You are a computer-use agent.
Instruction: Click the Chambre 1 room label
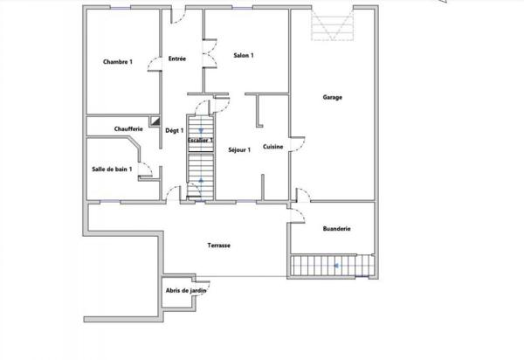point(117,62)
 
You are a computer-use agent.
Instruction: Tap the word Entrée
point(176,59)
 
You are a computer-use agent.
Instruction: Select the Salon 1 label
point(244,56)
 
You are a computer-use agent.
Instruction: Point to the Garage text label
point(331,97)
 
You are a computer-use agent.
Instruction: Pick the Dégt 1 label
point(175,130)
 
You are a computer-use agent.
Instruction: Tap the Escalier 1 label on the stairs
point(201,140)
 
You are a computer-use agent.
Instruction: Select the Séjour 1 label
point(239,149)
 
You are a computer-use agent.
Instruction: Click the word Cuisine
point(273,148)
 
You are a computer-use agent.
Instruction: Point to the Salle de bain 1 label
point(112,169)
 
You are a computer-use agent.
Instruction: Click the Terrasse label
point(218,246)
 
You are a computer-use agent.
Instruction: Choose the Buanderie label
point(336,228)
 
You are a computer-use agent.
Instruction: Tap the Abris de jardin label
point(185,291)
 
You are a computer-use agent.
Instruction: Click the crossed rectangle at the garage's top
point(334,28)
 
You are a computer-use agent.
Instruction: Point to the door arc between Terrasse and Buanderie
point(298,218)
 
